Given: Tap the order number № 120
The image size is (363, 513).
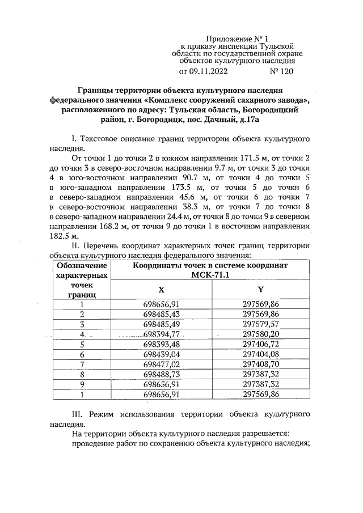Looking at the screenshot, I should [283, 72].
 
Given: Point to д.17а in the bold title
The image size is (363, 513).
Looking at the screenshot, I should [248, 120].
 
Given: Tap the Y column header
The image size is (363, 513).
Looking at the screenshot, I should [261, 289].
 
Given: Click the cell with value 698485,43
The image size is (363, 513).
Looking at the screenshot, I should [162, 313].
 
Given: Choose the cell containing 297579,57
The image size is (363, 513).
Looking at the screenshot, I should [261, 324].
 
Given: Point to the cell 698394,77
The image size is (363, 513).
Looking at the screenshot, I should [162, 334].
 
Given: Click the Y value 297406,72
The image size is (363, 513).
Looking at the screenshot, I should [261, 344].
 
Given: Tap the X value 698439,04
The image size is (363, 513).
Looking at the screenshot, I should [162, 354].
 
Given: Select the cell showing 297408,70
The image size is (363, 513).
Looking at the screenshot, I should [261, 364].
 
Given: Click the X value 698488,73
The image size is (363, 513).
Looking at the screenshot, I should [162, 375].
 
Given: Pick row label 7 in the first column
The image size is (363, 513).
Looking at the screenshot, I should [82, 364].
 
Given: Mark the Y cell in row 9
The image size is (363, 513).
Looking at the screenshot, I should [261, 384].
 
